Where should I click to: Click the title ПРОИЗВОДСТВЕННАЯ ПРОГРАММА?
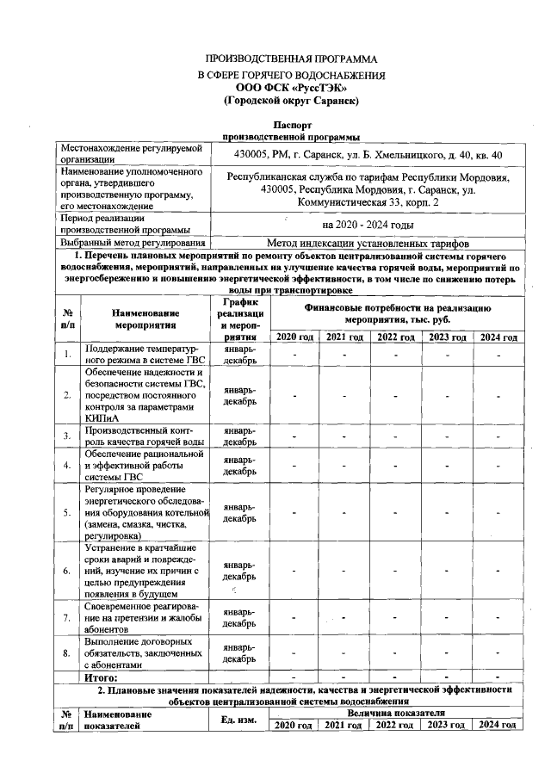(290, 59)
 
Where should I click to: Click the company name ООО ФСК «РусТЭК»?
(290, 88)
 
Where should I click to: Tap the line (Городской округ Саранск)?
(290, 101)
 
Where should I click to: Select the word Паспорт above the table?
(290, 126)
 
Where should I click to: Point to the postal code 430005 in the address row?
(254, 154)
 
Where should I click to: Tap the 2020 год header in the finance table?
(294, 337)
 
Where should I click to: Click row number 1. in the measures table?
(66, 354)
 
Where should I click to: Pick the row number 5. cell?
(66, 513)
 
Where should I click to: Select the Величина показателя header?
(396, 714)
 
